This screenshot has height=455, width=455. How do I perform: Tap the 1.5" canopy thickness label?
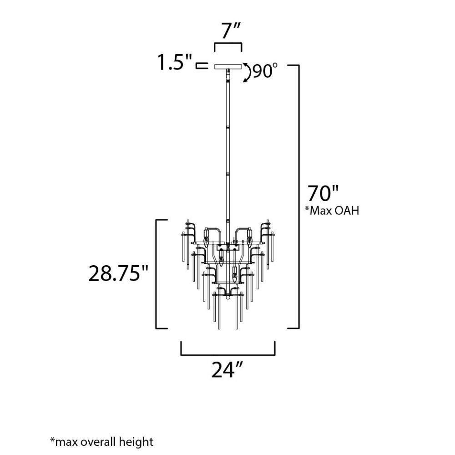click(175, 62)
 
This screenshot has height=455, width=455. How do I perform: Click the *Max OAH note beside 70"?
click(332, 210)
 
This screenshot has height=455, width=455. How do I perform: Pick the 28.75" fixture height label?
click(118, 273)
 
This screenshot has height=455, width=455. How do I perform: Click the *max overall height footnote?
click(101, 442)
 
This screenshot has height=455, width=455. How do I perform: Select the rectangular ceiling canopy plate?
click(228, 66)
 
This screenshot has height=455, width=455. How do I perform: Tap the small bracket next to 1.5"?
click(202, 66)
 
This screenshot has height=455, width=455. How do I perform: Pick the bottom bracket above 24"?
click(228, 354)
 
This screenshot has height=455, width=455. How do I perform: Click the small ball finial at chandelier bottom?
click(228, 297)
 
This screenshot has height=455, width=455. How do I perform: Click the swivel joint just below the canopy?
click(228, 74)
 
